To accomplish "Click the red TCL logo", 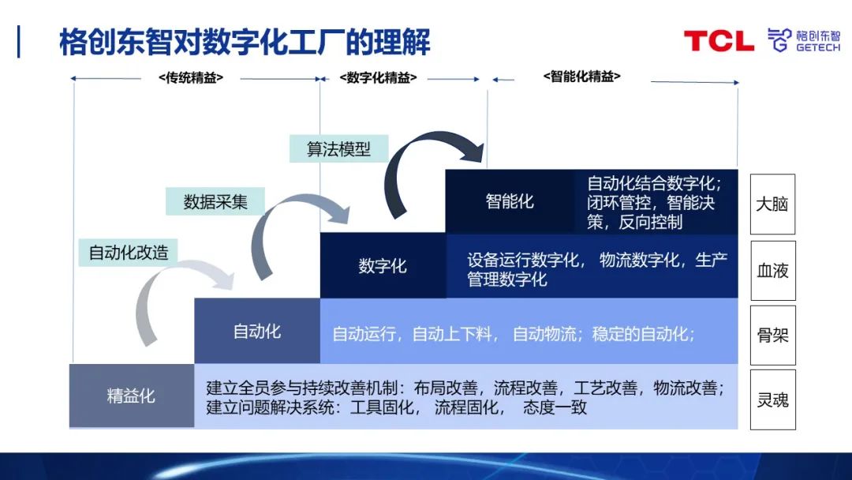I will point(718,41).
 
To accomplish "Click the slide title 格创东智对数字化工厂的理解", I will point(245,41).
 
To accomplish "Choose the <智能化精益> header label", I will point(581,77).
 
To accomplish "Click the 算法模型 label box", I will point(338,148).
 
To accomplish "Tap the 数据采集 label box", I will point(215,201).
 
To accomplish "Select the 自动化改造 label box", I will point(128,253).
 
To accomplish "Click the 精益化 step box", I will point(131,396).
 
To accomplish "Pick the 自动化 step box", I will point(257,331).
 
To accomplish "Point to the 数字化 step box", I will point(383,266).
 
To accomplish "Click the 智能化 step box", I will point(510,201).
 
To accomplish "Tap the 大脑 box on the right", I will point(772,204).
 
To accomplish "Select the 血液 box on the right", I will point(772,270).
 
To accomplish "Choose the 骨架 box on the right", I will point(772,335).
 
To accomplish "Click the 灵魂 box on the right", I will point(772,399).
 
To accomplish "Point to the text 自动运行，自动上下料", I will point(415,334).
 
